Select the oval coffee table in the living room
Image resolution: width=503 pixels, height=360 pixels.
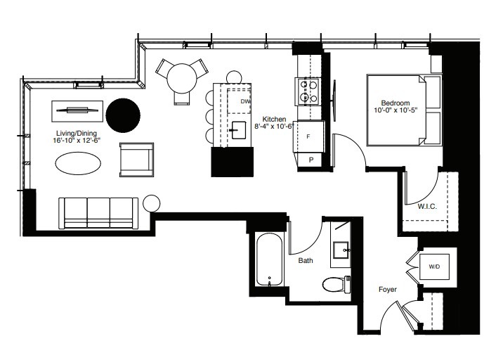click(x=77, y=164)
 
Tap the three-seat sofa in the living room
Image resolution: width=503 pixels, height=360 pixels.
click(x=98, y=212)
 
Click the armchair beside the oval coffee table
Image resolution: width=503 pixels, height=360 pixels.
click(x=136, y=160)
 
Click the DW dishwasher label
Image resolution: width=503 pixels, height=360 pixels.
click(x=244, y=102)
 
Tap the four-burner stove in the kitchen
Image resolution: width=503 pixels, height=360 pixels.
click(x=308, y=89)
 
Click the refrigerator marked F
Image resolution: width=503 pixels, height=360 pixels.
click(x=309, y=137)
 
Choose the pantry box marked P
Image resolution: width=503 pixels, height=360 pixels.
click(x=310, y=160)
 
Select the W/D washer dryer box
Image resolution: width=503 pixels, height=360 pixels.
click(x=433, y=266)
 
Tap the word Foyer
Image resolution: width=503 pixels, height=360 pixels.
click(x=387, y=289)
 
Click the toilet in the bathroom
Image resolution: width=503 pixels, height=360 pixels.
click(x=336, y=284)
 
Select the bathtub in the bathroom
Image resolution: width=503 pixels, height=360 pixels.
click(x=269, y=259)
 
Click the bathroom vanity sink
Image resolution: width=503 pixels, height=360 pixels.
click(x=343, y=249)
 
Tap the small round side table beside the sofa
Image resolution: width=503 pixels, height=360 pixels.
click(x=150, y=203)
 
